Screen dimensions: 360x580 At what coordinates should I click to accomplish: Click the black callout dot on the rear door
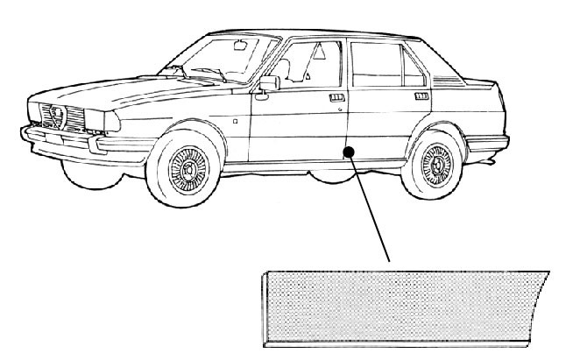pos(348,152)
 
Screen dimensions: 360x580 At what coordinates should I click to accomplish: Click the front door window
pos(311,66)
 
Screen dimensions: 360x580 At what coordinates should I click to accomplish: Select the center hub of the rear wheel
pos(435,163)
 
